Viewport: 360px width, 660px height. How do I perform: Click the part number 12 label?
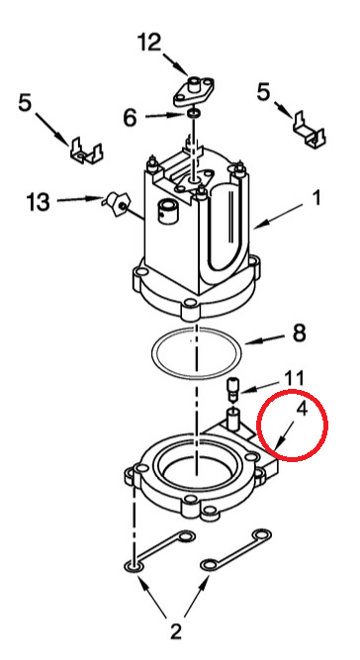tap(149, 43)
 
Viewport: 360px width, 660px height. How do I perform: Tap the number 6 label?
tap(130, 119)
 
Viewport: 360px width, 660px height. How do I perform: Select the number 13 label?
tap(39, 202)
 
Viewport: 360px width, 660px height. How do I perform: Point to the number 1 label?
tap(315, 198)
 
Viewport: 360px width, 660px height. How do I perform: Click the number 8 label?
tap(299, 333)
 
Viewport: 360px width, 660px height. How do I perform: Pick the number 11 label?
tap(294, 379)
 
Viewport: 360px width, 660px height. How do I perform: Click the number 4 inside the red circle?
tap(302, 409)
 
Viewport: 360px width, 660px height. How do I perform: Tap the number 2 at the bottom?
tap(175, 631)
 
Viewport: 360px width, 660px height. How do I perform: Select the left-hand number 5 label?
tap(25, 103)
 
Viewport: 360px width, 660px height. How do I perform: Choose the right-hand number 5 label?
tap(264, 92)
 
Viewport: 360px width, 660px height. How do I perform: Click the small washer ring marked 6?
tap(194, 113)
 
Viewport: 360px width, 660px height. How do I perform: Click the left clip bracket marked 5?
tap(86, 150)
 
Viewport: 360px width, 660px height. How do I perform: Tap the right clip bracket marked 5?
tap(310, 129)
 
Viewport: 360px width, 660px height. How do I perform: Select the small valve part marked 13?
tap(115, 203)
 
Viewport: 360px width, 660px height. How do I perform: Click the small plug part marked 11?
tap(232, 389)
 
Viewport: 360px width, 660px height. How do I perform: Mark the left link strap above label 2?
tap(160, 550)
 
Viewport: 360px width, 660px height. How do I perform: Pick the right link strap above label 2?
tap(235, 549)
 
